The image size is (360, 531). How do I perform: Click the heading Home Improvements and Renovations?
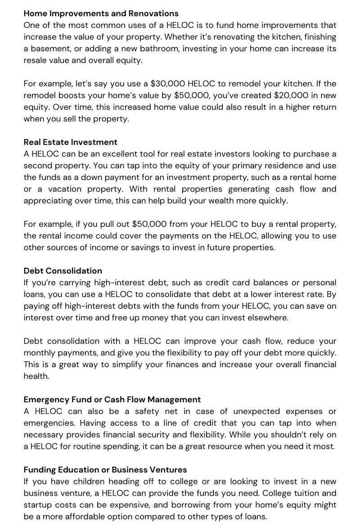(x=101, y=13)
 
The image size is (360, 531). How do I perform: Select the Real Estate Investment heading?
(x=71, y=142)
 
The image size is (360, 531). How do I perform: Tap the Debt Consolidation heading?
(x=63, y=271)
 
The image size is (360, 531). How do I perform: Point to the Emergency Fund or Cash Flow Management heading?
(x=112, y=400)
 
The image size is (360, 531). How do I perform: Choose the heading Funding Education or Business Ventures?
(x=105, y=470)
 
